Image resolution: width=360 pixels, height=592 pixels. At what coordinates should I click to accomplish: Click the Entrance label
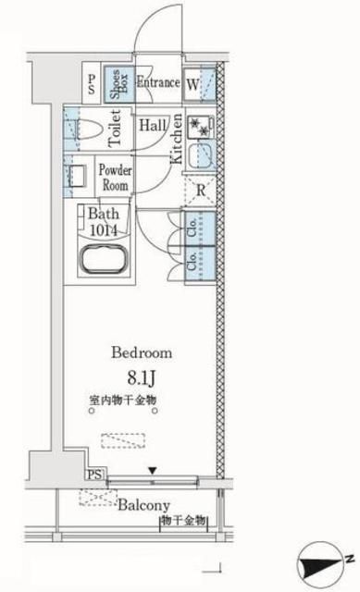pos(157,81)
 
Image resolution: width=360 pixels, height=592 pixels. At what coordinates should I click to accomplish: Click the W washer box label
pos(192,82)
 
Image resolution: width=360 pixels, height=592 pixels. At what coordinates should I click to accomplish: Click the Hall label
pos(154,126)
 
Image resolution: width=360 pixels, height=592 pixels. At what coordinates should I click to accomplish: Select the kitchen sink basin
pos(201,155)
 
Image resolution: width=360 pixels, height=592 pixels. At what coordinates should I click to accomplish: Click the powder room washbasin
pos(78,173)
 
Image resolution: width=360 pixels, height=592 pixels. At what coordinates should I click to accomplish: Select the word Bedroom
pos(142,353)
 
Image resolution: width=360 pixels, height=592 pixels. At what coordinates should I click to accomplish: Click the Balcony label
pos(143,505)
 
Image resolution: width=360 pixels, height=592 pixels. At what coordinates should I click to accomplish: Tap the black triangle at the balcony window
pos(153,473)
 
